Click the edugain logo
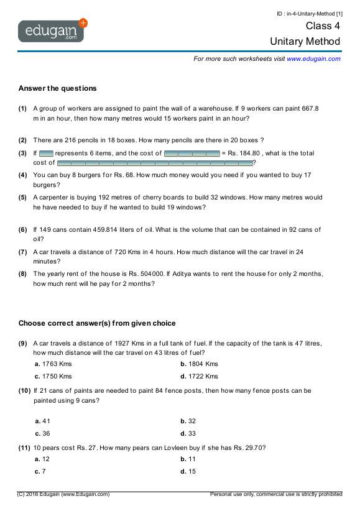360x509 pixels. (52, 30)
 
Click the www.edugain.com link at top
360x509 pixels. (313, 58)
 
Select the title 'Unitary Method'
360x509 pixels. (305, 42)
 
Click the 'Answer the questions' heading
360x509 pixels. (57, 88)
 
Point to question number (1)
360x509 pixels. (22, 108)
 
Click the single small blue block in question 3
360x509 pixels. (46, 153)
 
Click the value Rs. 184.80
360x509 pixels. (245, 153)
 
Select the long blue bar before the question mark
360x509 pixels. (155, 163)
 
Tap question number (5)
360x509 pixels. (22, 198)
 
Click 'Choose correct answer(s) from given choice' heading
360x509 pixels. (97, 323)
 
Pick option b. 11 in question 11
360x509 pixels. (188, 459)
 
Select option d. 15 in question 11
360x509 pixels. (188, 471)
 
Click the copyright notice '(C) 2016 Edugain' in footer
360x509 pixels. (63, 494)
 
